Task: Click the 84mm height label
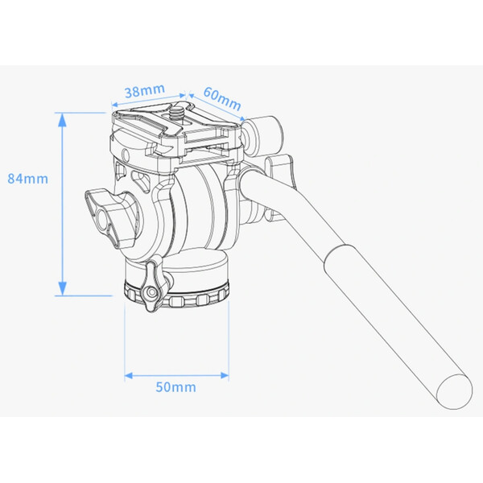(x=27, y=178)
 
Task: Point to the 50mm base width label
(x=176, y=387)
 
